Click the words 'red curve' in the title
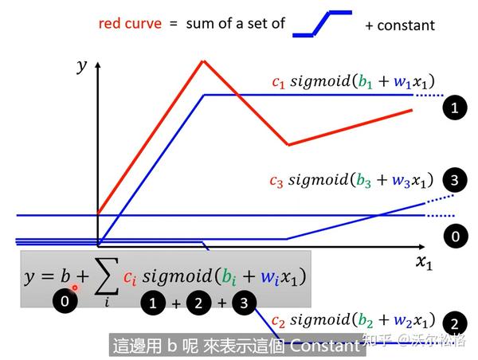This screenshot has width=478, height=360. [x=130, y=23]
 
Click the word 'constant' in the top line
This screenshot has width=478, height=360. [x=406, y=25]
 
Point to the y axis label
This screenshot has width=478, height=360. [x=81, y=67]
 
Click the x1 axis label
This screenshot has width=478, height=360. [x=424, y=264]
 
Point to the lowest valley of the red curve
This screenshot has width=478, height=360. [x=288, y=145]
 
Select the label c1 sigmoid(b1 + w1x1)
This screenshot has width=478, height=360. [x=354, y=82]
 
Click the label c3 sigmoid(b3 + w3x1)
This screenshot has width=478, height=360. [x=354, y=180]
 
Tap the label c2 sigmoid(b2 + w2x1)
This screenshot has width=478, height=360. [x=354, y=320]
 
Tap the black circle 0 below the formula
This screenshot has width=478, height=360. [x=65, y=302]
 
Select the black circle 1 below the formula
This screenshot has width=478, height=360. [x=154, y=302]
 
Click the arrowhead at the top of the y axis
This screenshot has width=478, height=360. [x=97, y=58]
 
